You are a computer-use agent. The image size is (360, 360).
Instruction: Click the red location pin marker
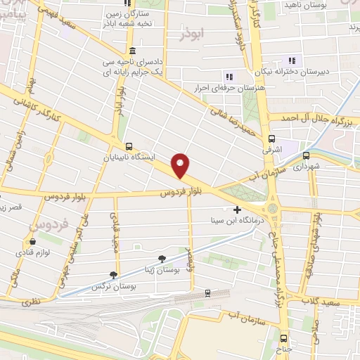click(181, 166)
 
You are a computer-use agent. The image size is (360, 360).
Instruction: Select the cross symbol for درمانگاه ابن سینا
click(237, 210)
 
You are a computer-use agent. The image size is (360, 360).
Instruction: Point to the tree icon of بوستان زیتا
click(162, 259)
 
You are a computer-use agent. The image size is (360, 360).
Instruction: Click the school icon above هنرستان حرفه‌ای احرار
click(228, 76)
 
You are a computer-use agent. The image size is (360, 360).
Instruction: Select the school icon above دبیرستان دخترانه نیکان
click(292, 60)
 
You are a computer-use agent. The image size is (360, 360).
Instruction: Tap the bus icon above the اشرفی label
click(272, 138)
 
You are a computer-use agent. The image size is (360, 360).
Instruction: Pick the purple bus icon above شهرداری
click(306, 155)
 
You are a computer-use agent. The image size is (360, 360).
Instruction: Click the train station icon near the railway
click(207, 292)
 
